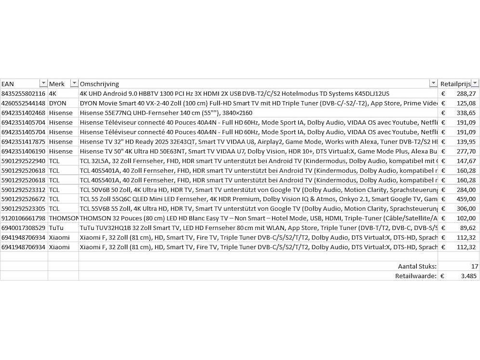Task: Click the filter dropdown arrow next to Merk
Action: (x=74, y=84)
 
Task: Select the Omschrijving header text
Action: (x=99, y=84)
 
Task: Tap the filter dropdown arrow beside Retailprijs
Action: (x=475, y=84)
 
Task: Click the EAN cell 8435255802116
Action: (x=24, y=93)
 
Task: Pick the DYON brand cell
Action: (x=58, y=103)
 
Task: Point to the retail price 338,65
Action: (x=466, y=113)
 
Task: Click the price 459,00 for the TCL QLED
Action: (x=466, y=199)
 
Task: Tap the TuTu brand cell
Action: (x=56, y=227)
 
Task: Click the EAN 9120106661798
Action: (x=24, y=218)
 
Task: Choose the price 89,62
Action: (x=468, y=227)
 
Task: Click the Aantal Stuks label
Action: (x=417, y=266)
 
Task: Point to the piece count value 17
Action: (x=474, y=266)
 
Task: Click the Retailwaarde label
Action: (x=416, y=276)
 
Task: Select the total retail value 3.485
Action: (x=468, y=276)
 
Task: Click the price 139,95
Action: (x=466, y=142)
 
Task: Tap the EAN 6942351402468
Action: (x=24, y=113)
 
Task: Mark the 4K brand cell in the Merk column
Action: (x=53, y=93)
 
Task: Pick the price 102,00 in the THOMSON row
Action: (x=466, y=218)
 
